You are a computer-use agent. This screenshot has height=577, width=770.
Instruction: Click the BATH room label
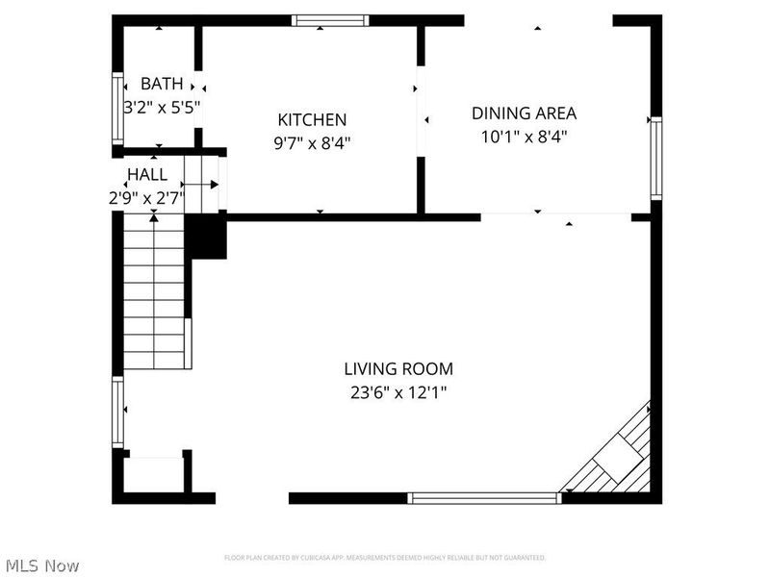(x=161, y=84)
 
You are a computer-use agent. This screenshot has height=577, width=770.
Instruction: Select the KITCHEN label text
(x=312, y=120)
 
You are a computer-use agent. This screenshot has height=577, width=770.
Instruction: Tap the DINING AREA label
(x=524, y=113)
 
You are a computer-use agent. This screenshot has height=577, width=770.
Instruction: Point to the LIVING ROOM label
(x=398, y=368)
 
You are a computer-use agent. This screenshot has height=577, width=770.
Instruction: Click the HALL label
(x=147, y=175)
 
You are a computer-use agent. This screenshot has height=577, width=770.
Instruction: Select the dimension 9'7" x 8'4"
(x=312, y=144)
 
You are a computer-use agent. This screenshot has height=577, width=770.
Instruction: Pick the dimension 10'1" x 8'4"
(x=524, y=137)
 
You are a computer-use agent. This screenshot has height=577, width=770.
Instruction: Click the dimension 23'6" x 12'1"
(x=398, y=392)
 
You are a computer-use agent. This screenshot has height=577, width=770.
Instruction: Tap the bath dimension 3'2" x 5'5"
(x=162, y=108)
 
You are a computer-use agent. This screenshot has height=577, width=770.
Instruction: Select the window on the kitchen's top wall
(x=330, y=19)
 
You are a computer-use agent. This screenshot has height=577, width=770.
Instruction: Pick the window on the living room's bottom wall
(x=484, y=498)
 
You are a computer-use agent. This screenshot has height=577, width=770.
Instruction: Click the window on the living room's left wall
(x=117, y=412)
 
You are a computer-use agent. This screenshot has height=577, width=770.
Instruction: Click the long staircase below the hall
(x=154, y=293)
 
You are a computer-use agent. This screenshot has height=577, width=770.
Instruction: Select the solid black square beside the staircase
(x=205, y=237)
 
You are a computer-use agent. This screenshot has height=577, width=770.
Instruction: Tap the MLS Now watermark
(x=41, y=565)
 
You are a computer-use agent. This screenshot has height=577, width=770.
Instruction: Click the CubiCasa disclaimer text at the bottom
(x=385, y=558)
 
